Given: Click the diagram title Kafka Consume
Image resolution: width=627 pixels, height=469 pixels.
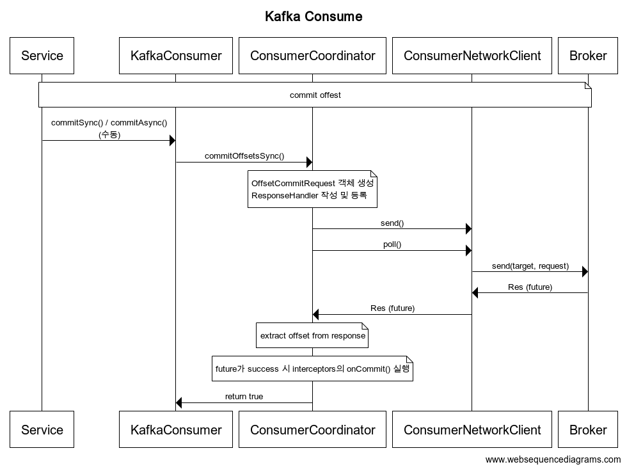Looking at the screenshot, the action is (x=313, y=17).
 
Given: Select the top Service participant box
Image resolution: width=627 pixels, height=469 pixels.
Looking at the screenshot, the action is (x=42, y=56).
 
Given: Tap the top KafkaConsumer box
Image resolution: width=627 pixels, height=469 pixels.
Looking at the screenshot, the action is (x=176, y=56).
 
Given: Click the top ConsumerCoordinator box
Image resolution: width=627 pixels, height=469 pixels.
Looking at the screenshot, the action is (x=313, y=56).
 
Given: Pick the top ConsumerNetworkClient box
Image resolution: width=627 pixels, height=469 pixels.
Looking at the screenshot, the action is (x=472, y=56).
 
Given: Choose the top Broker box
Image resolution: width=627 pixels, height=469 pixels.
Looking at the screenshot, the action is (x=588, y=56).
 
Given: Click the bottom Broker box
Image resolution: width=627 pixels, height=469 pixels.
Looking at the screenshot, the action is (x=588, y=429).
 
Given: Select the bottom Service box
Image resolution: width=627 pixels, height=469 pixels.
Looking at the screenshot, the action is (x=42, y=429).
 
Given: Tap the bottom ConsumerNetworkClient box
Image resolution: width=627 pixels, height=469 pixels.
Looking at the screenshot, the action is (x=472, y=429).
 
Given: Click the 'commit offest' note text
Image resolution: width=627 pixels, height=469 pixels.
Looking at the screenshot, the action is (x=315, y=95).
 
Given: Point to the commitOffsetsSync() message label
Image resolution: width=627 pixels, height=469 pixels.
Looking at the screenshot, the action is (x=244, y=156).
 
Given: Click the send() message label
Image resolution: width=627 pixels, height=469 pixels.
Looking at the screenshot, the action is (x=392, y=223).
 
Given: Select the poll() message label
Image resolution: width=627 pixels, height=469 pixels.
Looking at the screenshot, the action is (x=392, y=244).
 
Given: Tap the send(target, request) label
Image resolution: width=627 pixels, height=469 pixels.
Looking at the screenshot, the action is (x=530, y=266).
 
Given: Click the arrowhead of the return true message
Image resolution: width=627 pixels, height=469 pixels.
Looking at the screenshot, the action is (x=179, y=402).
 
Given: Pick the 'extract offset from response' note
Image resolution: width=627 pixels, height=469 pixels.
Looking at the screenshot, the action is (x=312, y=335).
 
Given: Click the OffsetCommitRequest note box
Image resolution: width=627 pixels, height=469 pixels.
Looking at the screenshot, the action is (x=312, y=189).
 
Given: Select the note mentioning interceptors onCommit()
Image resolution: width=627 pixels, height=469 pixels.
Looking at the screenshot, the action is (x=312, y=369).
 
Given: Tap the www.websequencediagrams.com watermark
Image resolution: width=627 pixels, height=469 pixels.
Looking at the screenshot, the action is (x=553, y=460).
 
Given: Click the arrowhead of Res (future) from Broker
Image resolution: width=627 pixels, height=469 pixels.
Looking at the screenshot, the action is (x=475, y=292).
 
